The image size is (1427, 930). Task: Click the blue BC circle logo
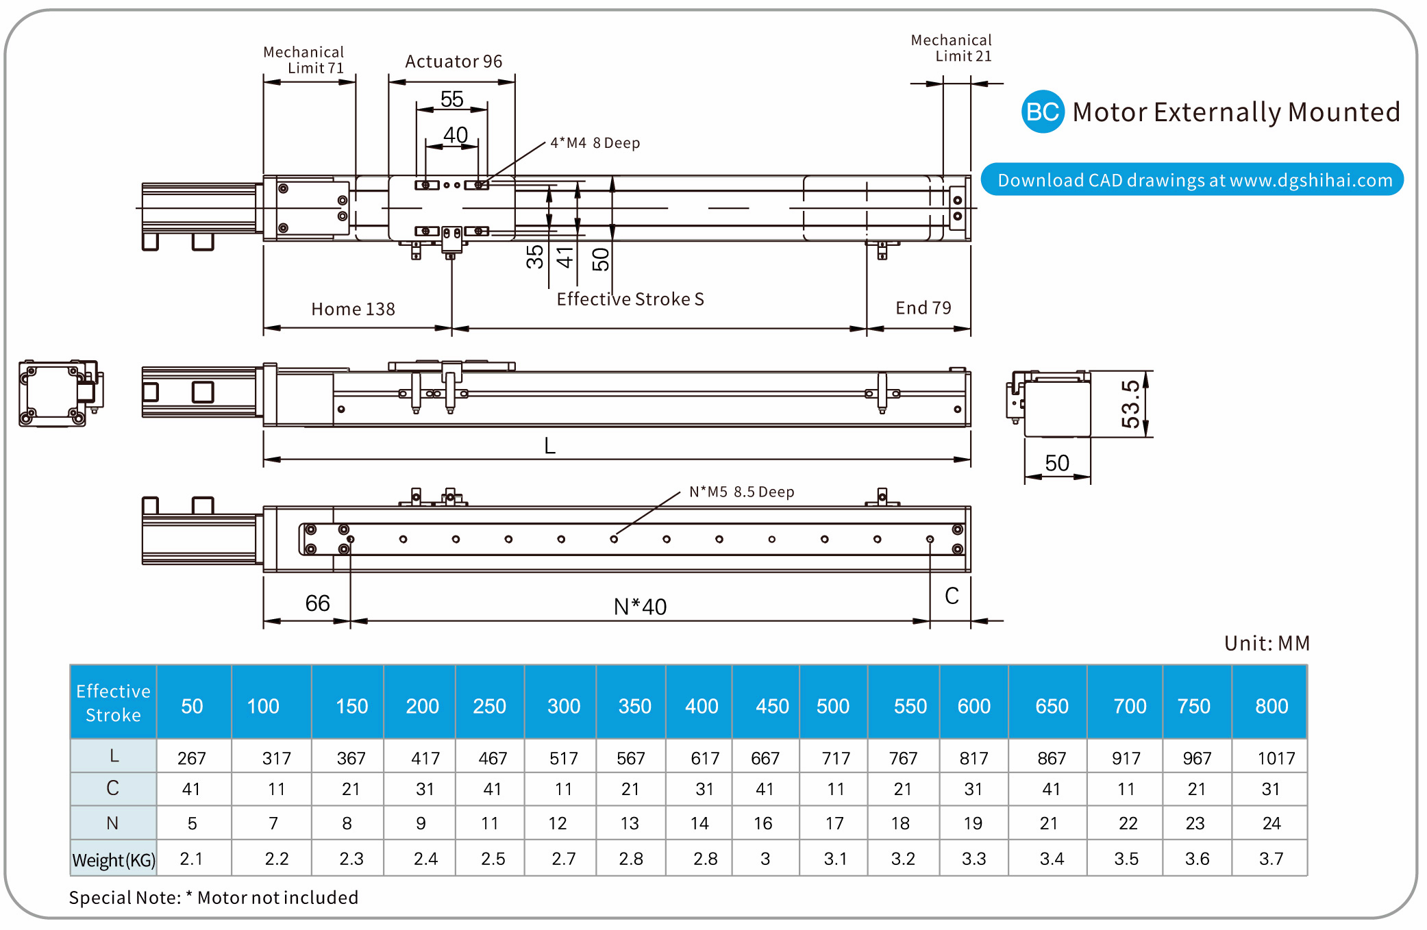(x=1042, y=112)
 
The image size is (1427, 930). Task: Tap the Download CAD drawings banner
(x=1193, y=180)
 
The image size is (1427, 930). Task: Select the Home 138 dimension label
(x=353, y=309)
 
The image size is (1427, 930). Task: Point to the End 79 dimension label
(x=923, y=308)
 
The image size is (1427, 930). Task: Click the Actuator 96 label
(x=454, y=62)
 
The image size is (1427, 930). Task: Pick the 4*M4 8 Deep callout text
(x=595, y=143)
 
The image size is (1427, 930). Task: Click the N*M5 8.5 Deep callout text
(x=741, y=492)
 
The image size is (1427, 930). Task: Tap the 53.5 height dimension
(x=1130, y=404)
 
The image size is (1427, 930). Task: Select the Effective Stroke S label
(x=630, y=299)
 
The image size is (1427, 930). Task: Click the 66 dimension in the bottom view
(x=317, y=603)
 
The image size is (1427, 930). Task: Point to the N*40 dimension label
(x=640, y=607)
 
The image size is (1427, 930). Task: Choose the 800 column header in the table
(x=1271, y=706)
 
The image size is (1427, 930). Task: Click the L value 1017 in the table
(x=1276, y=758)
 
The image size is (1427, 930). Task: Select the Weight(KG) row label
(x=114, y=859)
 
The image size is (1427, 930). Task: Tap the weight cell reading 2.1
(x=191, y=859)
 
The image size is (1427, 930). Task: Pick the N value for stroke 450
(x=763, y=823)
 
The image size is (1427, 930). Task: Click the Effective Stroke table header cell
(x=113, y=703)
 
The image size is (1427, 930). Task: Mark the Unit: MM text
(x=1267, y=643)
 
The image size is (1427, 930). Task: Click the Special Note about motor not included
(x=214, y=897)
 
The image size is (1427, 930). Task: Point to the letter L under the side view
(x=549, y=446)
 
